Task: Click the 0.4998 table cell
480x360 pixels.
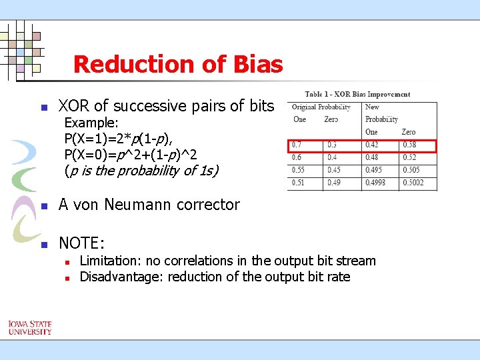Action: (377, 183)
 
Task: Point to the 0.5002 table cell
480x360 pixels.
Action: (413, 183)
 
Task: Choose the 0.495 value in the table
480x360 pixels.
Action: (375, 171)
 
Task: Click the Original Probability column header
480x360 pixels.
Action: (321, 107)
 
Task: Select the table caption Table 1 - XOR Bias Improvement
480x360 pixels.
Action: (357, 94)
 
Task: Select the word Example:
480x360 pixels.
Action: (91, 123)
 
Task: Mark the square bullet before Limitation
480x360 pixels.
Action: (67, 261)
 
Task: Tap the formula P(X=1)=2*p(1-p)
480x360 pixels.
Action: (119, 139)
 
